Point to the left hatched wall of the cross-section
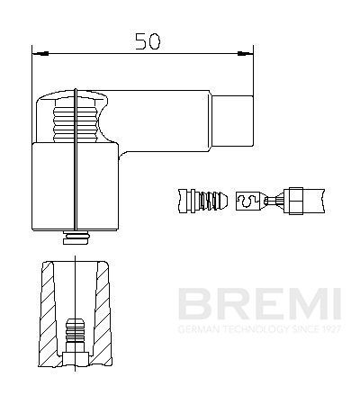pos(45,315)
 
